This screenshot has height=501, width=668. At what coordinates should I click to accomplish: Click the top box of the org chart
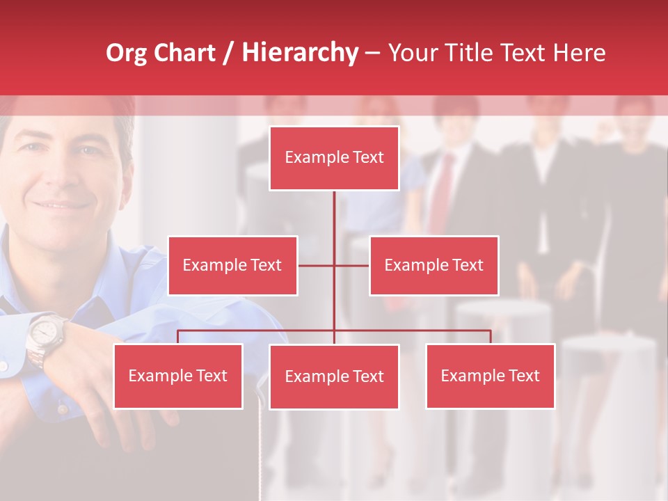point(334,158)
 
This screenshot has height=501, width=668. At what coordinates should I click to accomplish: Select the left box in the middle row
point(232,265)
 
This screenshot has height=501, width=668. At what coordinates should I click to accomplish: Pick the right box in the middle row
point(434,265)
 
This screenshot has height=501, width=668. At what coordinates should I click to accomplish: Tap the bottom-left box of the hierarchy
point(178,376)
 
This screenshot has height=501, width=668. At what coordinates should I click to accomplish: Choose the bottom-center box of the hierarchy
point(334,376)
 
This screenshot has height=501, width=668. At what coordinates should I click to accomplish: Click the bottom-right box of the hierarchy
point(490,376)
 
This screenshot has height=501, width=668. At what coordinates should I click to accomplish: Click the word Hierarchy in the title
point(300,53)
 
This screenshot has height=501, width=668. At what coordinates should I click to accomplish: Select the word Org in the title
point(126,53)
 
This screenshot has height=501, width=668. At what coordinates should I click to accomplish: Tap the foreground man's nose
point(59,174)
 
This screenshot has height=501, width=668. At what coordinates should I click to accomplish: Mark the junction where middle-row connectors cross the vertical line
point(334,265)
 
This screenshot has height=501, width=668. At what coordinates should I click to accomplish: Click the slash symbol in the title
point(228,53)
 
